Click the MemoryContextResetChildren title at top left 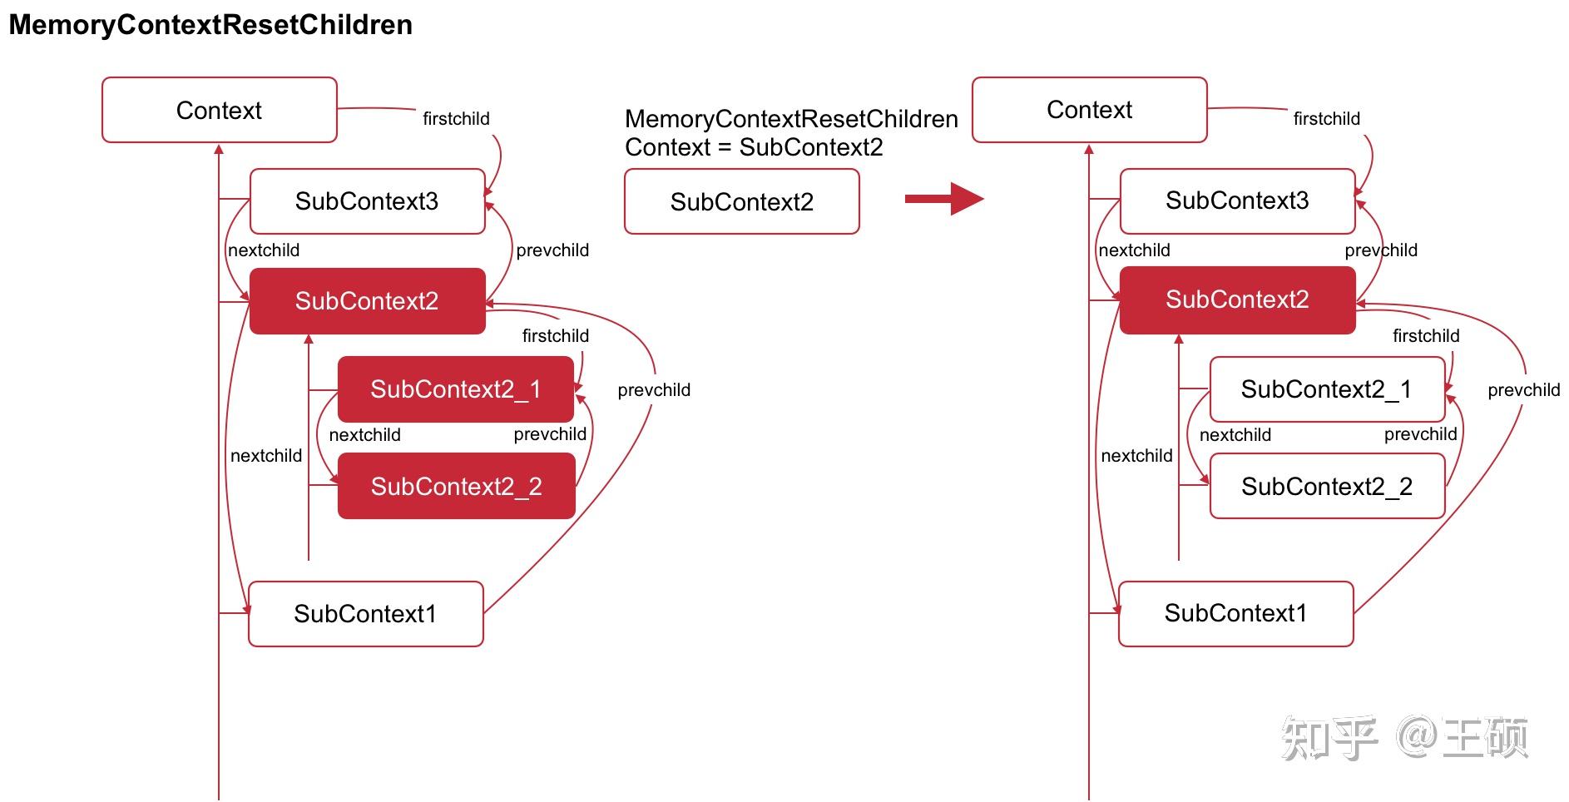point(210,25)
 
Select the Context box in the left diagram point(219,110)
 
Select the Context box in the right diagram point(1089,110)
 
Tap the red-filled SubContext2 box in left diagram point(367,301)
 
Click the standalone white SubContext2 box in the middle point(741,202)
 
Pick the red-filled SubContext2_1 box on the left point(455,389)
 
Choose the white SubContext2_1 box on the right point(1326,389)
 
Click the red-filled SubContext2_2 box point(456,486)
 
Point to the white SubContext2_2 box point(1326,486)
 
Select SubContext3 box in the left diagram point(367,201)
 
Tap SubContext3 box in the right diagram point(1237,200)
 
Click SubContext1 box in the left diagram point(365,614)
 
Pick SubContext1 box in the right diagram point(1235,613)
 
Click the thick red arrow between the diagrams point(943,199)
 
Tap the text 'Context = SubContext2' point(754,147)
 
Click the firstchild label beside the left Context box point(456,119)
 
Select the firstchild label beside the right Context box point(1326,119)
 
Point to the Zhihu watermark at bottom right point(1404,737)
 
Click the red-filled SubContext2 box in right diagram point(1237,300)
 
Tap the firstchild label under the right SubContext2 point(1425,336)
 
